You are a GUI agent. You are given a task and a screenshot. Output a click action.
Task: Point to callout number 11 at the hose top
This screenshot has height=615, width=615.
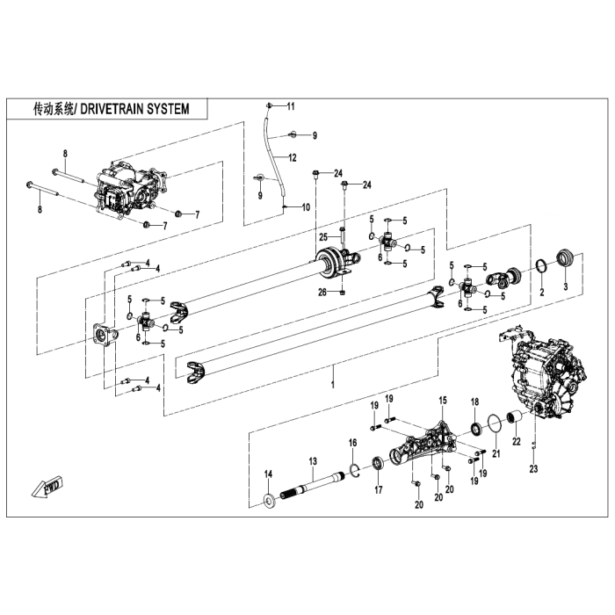point(292,106)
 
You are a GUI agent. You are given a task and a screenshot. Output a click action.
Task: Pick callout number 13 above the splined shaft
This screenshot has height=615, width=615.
point(311,461)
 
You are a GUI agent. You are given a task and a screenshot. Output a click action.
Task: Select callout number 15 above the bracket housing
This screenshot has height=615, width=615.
point(443,400)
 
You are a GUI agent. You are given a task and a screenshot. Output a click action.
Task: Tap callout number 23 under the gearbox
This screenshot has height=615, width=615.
point(532,468)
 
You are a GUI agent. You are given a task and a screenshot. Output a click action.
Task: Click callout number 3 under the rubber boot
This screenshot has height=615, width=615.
point(565,287)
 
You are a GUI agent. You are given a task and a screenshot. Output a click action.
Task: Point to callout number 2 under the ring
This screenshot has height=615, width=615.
point(542,291)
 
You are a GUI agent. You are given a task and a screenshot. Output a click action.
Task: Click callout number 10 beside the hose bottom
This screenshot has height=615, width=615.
point(307,207)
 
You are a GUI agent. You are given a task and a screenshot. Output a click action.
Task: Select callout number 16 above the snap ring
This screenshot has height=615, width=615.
point(352,442)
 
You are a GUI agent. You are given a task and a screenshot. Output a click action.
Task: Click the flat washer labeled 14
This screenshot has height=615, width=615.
point(268,501)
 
